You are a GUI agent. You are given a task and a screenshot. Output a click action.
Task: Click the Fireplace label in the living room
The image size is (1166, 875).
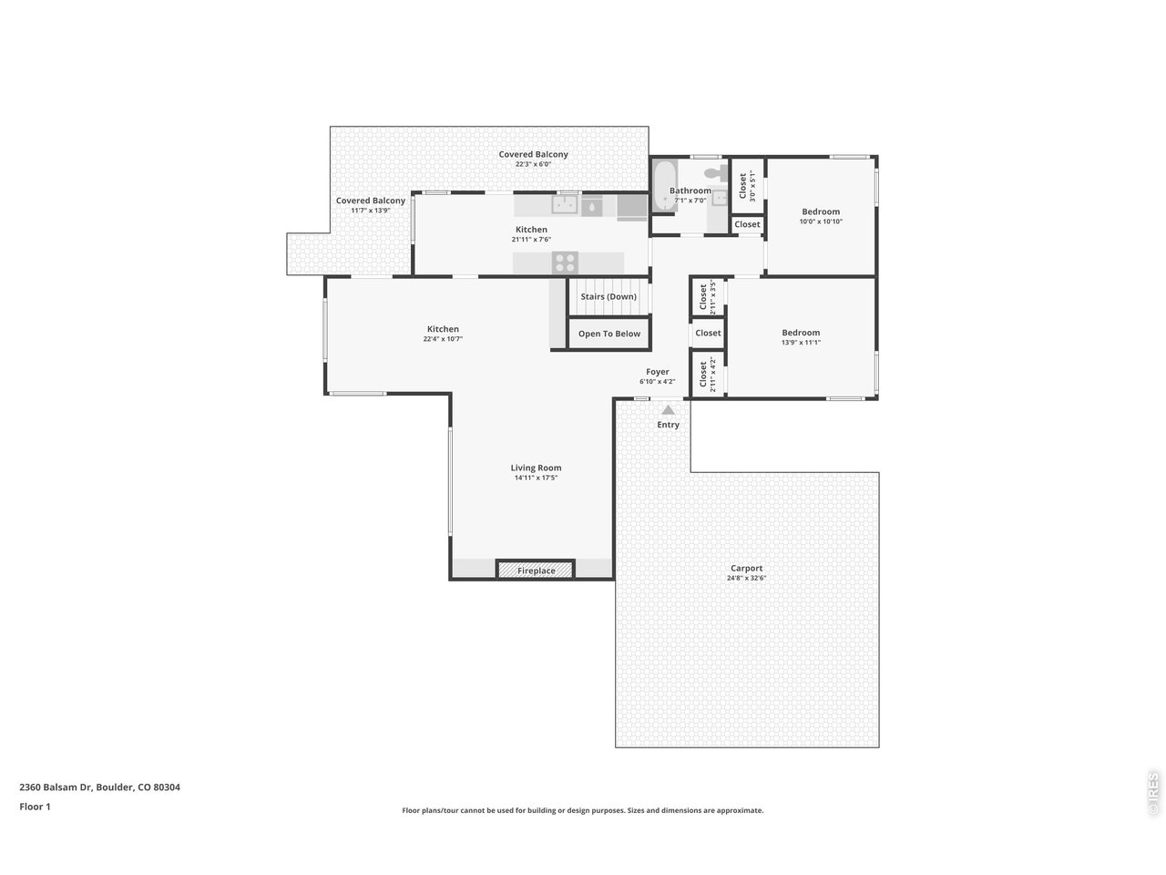click(x=536, y=571)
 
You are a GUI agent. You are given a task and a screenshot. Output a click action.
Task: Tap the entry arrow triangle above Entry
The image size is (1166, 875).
click(x=668, y=409)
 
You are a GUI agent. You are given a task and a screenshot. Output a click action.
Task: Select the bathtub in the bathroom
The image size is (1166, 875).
click(x=665, y=186)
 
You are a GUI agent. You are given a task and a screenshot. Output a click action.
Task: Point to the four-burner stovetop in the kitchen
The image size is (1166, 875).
click(x=564, y=262)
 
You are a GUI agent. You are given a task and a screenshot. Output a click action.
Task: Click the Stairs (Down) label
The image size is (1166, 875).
click(x=609, y=296)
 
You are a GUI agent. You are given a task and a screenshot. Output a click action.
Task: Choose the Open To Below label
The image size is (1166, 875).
click(x=609, y=334)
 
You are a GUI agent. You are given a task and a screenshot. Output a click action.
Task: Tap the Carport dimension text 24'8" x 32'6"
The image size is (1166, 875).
click(x=746, y=578)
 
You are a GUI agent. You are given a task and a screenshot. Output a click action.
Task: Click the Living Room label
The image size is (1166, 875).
click(x=536, y=468)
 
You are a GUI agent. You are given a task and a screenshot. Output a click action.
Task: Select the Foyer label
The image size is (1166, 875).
click(x=657, y=371)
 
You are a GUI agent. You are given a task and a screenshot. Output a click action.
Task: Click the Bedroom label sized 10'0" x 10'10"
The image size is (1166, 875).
click(x=821, y=211)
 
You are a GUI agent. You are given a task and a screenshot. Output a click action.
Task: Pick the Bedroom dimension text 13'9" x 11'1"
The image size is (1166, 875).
click(x=801, y=343)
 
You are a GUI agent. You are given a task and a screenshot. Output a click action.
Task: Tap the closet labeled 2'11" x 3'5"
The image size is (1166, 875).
click(x=708, y=297)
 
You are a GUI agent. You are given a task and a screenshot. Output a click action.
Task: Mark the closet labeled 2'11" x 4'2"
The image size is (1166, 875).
click(x=708, y=375)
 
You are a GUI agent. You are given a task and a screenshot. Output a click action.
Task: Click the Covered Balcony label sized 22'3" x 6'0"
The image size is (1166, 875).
click(x=533, y=154)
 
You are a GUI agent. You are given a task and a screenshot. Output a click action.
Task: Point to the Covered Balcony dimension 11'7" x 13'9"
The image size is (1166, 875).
click(x=370, y=211)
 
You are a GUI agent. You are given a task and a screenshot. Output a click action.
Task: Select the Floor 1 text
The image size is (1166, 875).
click(x=35, y=807)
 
